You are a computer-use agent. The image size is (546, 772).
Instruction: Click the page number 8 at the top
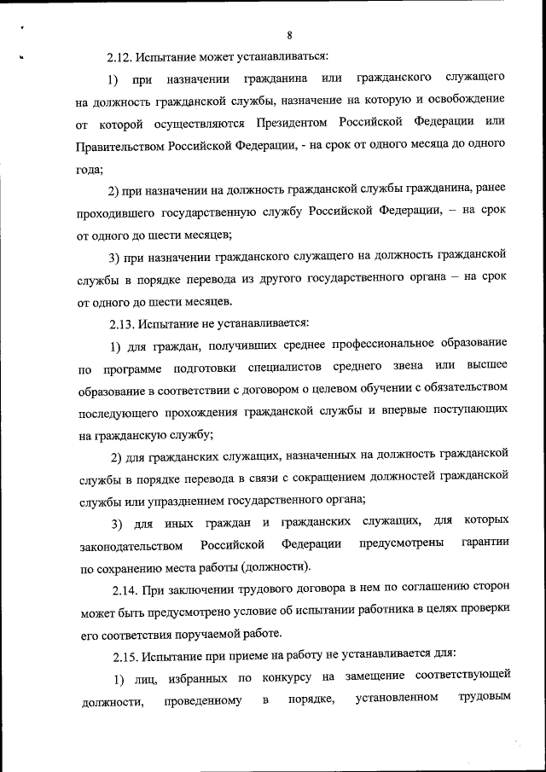pos(290,35)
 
